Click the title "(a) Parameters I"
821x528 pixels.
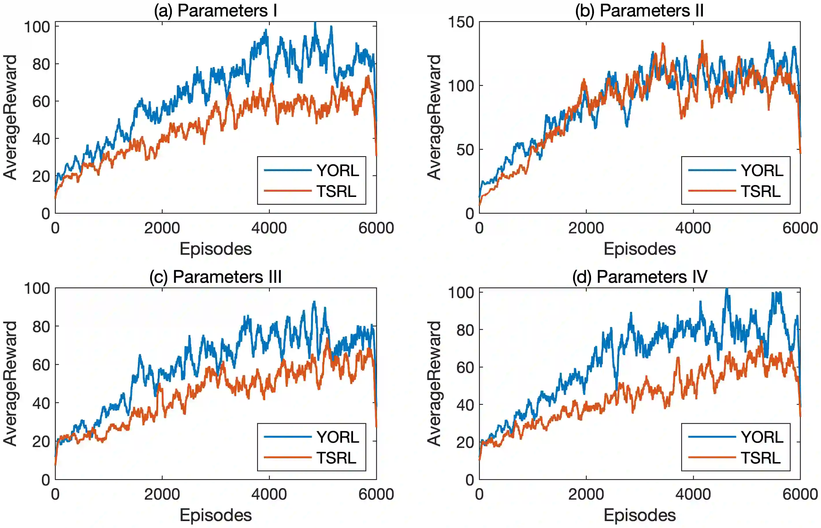pos(216,11)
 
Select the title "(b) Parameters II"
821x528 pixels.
pos(640,11)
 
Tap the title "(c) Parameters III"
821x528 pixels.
pos(216,277)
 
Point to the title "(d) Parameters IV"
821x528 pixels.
pos(640,277)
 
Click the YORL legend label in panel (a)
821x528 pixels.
pos(338,170)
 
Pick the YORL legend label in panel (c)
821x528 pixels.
pos(338,437)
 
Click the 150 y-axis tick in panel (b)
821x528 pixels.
pos(461,22)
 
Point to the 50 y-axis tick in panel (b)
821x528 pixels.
pos(465,150)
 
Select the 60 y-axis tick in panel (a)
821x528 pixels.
pos(41,101)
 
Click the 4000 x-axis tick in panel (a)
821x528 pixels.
pos(269,228)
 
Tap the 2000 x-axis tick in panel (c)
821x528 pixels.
pos(162,494)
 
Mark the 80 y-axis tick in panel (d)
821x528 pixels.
pos(465,330)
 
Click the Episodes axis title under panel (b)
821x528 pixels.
pos(640,249)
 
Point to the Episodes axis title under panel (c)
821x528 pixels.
pos(216,515)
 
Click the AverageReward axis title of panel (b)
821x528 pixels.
pos(434,117)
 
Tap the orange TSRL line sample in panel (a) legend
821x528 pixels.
pos(288,191)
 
